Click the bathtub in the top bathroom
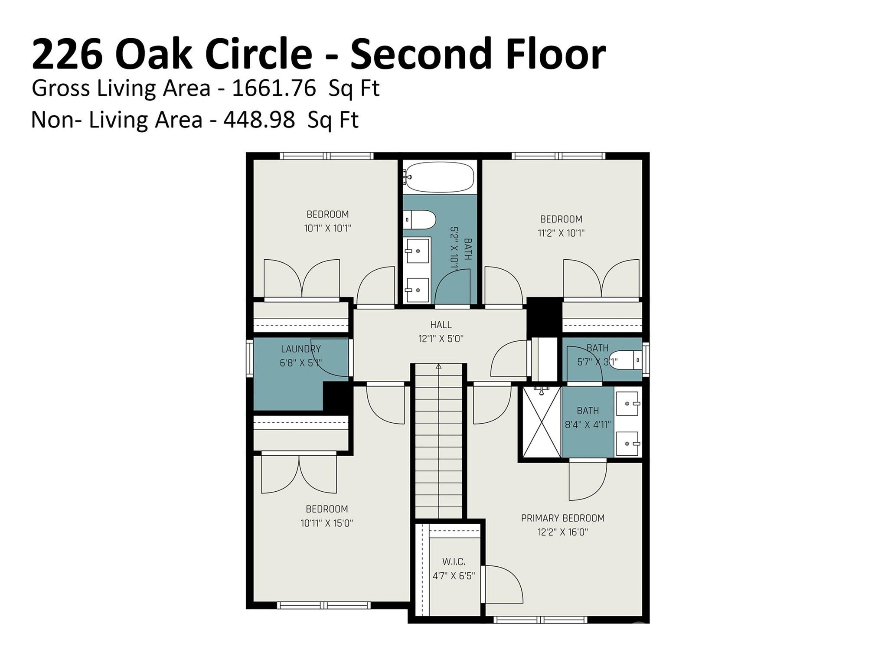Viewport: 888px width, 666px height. pyautogui.click(x=439, y=177)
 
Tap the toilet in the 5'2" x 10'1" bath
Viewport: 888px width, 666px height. pyautogui.click(x=420, y=220)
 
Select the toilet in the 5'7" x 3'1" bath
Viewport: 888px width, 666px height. pyautogui.click(x=624, y=360)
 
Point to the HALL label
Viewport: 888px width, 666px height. pyautogui.click(x=441, y=324)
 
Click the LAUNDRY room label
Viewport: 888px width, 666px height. pyautogui.click(x=300, y=349)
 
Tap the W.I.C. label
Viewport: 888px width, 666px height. pyautogui.click(x=454, y=562)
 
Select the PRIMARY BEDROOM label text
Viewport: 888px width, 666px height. pyautogui.click(x=562, y=518)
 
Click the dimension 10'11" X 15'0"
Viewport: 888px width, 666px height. pyautogui.click(x=327, y=523)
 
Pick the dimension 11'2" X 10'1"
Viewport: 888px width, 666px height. pyautogui.click(x=561, y=233)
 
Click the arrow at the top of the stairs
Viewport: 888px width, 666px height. pyautogui.click(x=438, y=367)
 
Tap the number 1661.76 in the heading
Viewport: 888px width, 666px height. pyautogui.click(x=274, y=88)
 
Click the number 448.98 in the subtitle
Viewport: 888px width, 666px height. pyautogui.click(x=259, y=120)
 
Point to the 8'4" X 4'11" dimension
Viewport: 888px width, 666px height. pyautogui.click(x=588, y=424)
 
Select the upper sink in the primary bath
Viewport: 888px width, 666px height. pyautogui.click(x=627, y=403)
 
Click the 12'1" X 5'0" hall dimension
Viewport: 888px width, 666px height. pyautogui.click(x=441, y=339)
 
